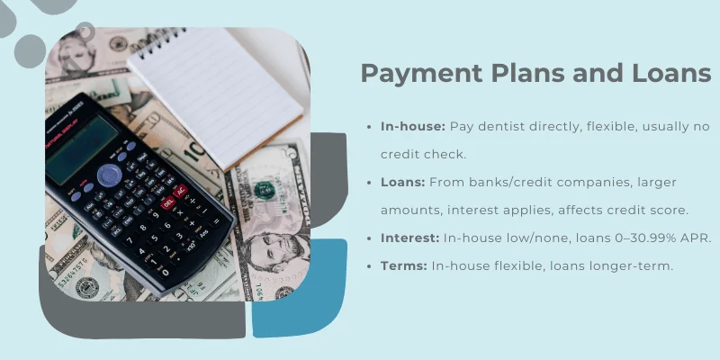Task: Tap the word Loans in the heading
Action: point(665,74)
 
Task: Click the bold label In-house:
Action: point(412,127)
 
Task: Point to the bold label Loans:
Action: point(402,182)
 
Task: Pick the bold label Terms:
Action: point(404,265)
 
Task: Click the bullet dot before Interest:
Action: point(371,238)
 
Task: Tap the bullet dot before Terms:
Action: point(371,265)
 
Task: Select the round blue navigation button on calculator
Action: point(109,174)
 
